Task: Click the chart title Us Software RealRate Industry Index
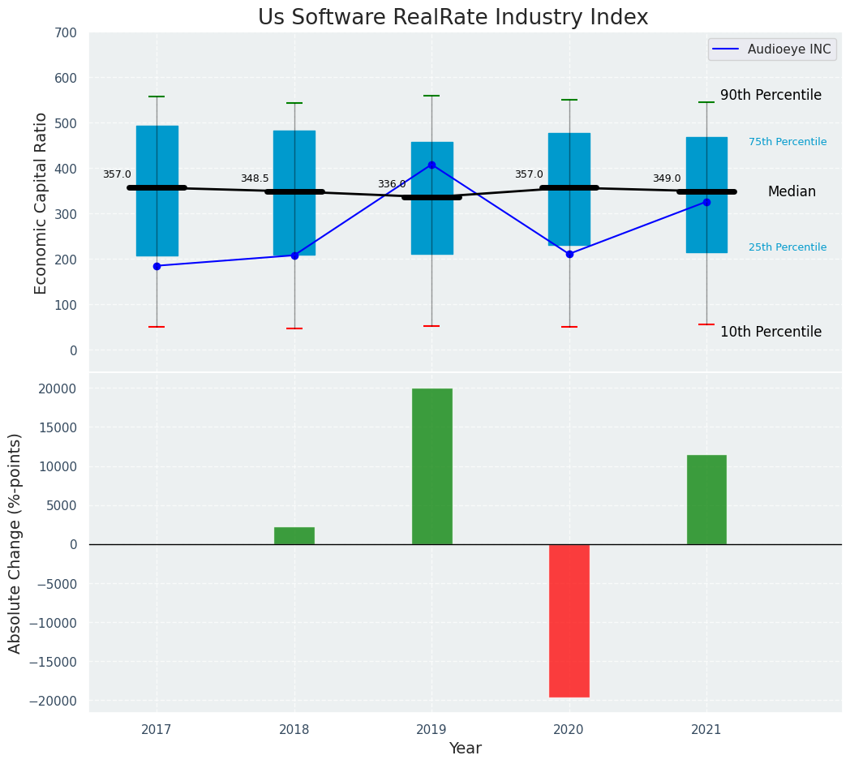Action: coord(453,18)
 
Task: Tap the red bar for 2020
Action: coord(569,620)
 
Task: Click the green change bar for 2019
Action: coord(431,466)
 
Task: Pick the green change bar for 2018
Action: coord(294,536)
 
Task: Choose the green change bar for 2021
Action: coord(706,500)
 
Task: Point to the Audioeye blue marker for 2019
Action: coord(431,165)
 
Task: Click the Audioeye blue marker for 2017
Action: coord(157,266)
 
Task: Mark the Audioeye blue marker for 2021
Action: coord(706,202)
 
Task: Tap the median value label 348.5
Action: coord(254,178)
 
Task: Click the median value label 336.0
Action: coord(391,184)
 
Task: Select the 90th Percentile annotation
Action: coord(771,95)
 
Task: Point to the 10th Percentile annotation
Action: coord(771,332)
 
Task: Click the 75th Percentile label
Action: coord(787,142)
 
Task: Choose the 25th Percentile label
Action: coord(787,247)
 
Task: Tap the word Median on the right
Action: coord(792,192)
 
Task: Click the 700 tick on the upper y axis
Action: coord(66,33)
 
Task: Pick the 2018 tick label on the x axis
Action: coord(294,730)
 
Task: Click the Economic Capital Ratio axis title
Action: coord(41,203)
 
